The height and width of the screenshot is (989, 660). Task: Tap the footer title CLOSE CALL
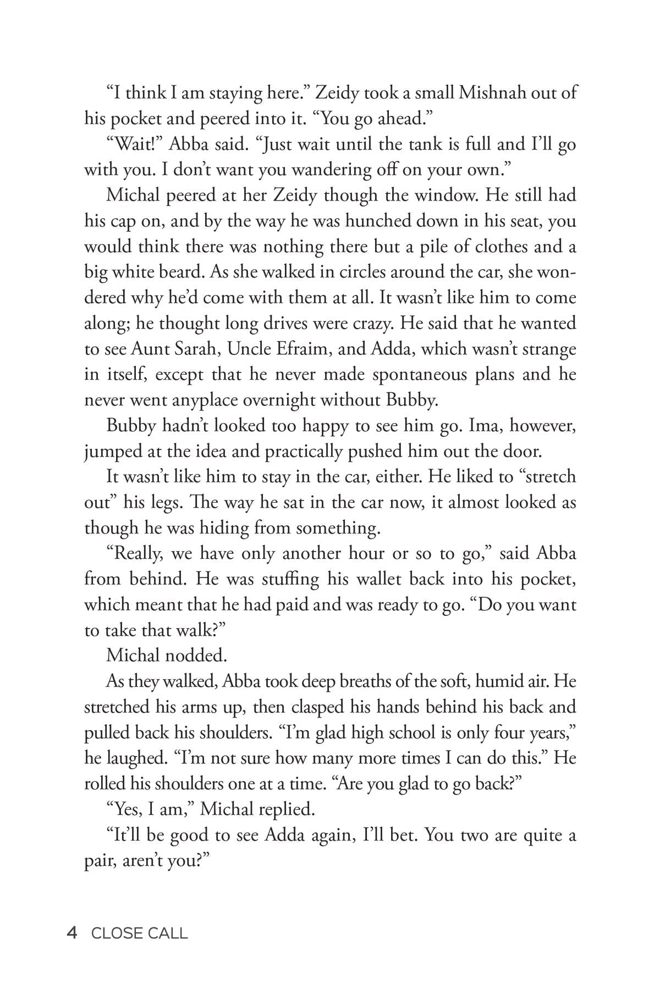click(140, 933)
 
